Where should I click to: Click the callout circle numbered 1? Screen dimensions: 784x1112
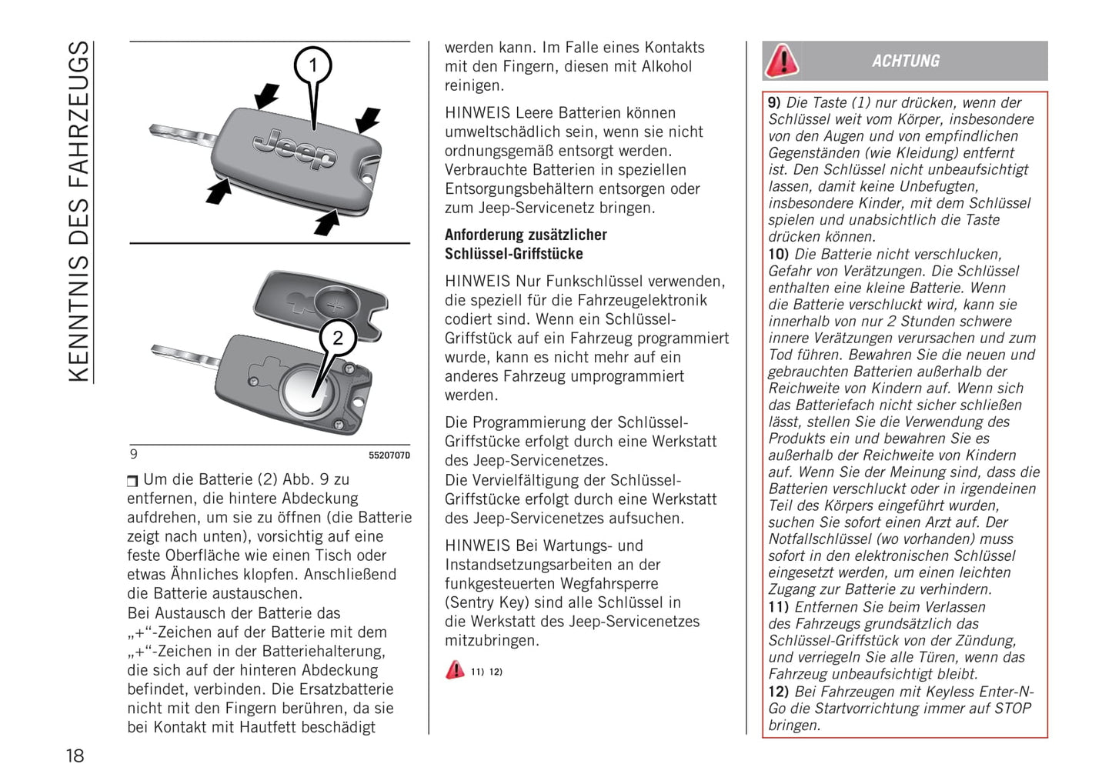(x=313, y=65)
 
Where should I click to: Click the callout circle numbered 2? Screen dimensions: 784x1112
(x=337, y=337)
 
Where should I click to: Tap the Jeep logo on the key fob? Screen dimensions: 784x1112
(x=295, y=148)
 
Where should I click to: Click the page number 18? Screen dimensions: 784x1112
(x=75, y=756)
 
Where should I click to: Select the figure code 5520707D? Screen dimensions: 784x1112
(x=389, y=455)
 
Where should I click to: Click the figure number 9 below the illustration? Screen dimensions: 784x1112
(x=134, y=455)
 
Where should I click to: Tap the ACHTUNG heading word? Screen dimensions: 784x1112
(x=906, y=61)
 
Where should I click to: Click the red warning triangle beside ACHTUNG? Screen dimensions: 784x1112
(x=782, y=61)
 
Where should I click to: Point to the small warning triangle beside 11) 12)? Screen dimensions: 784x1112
(x=455, y=670)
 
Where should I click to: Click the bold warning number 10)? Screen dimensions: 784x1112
(x=779, y=254)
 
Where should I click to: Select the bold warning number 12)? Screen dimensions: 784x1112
(x=779, y=692)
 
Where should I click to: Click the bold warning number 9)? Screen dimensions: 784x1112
(x=775, y=102)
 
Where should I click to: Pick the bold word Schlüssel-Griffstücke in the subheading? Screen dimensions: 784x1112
(x=514, y=254)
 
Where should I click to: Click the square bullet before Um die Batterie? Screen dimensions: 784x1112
(x=132, y=481)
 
